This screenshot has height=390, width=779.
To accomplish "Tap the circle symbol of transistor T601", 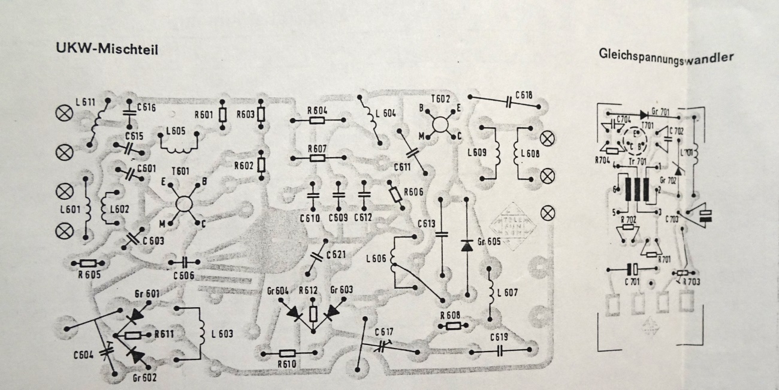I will (184, 203).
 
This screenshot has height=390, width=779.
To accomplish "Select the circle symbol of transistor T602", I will (442, 124).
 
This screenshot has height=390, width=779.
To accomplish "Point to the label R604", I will (317, 110).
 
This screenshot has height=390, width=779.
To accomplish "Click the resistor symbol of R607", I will (317, 158).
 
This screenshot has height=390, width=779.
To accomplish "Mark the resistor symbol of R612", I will (313, 314).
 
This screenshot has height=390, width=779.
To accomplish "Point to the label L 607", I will (507, 292).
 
